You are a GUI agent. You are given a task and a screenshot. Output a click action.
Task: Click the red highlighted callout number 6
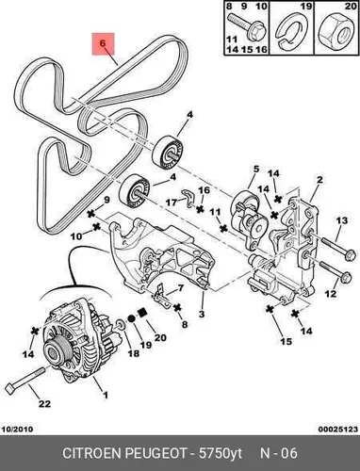(103, 43)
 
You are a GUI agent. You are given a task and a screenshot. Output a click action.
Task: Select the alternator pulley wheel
(55, 350)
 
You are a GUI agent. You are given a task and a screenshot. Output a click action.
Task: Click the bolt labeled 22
(25, 379)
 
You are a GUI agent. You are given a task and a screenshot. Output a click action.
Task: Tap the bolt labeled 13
(338, 248)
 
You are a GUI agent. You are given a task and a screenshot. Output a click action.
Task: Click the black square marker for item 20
(142, 312)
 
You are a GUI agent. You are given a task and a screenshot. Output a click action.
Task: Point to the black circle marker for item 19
(131, 318)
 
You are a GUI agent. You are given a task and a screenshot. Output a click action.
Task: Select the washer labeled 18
(121, 325)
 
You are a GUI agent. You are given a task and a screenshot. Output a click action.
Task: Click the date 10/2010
(18, 429)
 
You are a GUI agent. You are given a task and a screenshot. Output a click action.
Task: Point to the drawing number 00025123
(338, 429)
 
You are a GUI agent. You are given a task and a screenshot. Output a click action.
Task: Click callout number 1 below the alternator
(106, 395)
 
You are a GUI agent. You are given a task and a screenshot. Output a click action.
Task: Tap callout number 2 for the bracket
(319, 180)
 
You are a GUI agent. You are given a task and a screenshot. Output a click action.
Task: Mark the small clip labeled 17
(188, 199)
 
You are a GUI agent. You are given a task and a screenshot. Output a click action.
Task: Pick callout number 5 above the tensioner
(256, 170)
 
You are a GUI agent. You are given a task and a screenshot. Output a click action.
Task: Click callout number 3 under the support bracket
(202, 314)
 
